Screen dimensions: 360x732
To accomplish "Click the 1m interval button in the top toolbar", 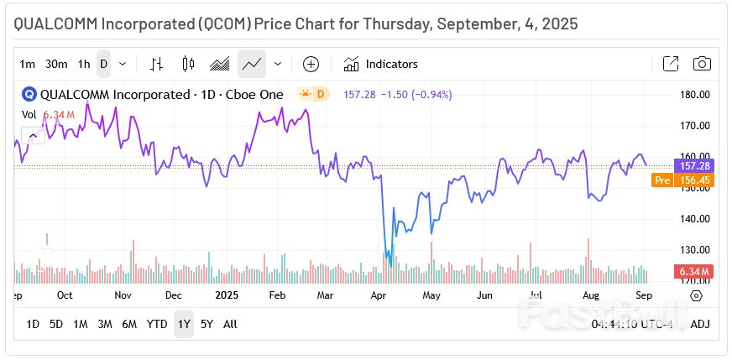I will pos(28,64).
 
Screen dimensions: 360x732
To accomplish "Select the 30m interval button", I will pos(56,64).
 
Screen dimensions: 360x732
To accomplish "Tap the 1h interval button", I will pos(84,64).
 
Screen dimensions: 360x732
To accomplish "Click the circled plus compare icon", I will pos(311,64).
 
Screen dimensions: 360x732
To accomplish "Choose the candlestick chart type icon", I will pos(187,64).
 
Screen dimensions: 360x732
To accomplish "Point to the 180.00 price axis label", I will pos(694,95).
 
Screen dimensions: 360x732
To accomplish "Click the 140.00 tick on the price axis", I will pos(694,219).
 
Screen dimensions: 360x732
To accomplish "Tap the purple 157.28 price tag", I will pos(693,165).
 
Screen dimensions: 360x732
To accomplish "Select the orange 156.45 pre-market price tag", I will pos(693,180).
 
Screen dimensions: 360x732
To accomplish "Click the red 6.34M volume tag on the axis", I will pos(693,271).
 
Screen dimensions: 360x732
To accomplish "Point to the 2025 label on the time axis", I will pos(227,295).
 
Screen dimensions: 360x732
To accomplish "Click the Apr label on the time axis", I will pos(378,295).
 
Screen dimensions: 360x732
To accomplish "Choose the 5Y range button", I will pos(207,324).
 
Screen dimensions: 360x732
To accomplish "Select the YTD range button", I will pos(157,324).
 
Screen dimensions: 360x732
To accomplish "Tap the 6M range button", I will pos(129,324).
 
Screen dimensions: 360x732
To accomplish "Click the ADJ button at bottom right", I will pos(699,324).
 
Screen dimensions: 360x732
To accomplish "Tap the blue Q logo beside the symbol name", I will pos(29,95).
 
